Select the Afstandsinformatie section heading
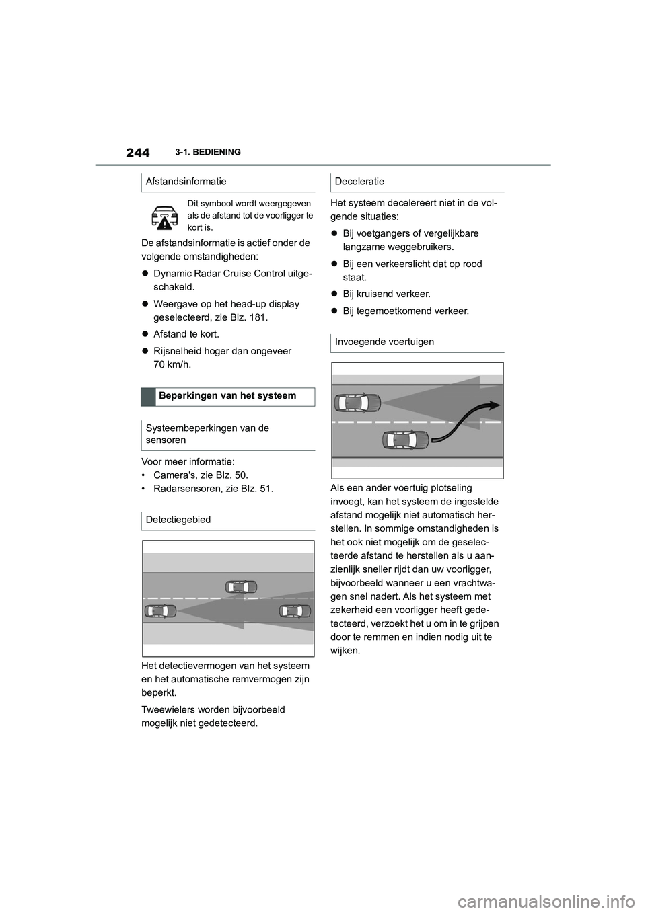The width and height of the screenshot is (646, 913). click(186, 182)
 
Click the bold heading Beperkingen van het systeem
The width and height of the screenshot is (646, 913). click(227, 396)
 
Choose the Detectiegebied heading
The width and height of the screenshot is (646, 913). click(178, 520)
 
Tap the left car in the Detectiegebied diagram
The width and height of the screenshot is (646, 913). click(160, 610)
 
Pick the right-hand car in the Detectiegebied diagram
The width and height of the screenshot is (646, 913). click(295, 610)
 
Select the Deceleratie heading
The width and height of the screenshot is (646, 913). click(359, 182)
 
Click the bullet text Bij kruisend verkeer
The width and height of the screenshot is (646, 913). click(386, 294)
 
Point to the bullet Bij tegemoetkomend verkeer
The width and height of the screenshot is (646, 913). click(405, 311)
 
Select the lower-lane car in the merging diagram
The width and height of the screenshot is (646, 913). click(405, 440)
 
